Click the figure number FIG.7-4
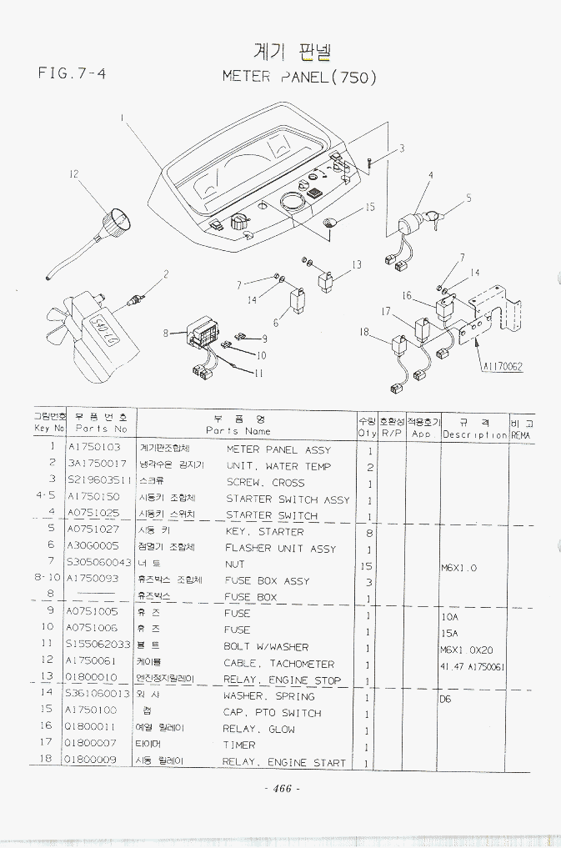pos(71,73)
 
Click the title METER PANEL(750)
pos(299,77)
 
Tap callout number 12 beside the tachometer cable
pos(73,174)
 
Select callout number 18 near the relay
pos(364,332)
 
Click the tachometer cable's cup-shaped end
pos(116,223)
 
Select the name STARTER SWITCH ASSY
pos(288,499)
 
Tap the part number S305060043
pos(98,564)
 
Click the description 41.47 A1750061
pos(473,667)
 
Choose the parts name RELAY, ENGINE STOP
pos(282,680)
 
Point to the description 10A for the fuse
pos(450,619)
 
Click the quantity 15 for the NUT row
pos(368,565)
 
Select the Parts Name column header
pos(239,424)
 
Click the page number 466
pos(281,789)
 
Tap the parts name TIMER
pos(239,745)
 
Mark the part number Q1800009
pos(92,761)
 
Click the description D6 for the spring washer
pos(446,700)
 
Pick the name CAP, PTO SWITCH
pos(272,713)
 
